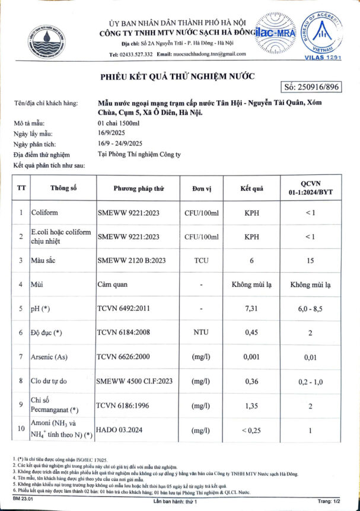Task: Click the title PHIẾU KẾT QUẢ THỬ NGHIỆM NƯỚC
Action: point(177,76)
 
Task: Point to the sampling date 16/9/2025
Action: point(110,135)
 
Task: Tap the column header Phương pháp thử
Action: point(138,189)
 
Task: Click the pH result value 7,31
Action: point(251,308)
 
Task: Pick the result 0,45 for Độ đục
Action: point(251,333)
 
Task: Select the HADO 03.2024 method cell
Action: point(122,429)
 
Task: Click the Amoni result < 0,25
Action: point(251,429)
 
